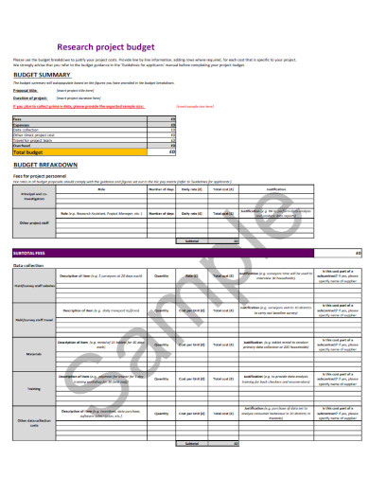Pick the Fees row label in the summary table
coord(17,119)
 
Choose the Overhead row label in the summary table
coord(22,145)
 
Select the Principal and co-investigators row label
coord(33,195)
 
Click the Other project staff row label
coord(33,223)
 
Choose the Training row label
coord(33,387)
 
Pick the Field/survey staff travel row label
coord(33,320)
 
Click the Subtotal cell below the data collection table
coord(192,443)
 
